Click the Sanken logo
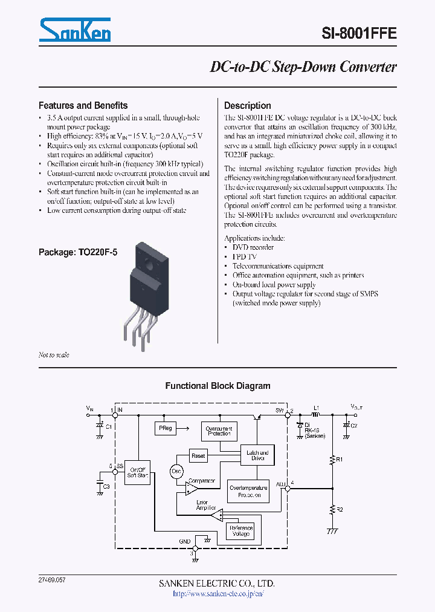click(x=75, y=30)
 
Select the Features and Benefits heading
click(x=83, y=105)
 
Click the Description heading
click(x=247, y=105)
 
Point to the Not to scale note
click(x=54, y=355)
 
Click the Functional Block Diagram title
click(x=217, y=386)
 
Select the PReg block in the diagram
click(x=166, y=428)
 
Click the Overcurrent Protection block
click(x=219, y=431)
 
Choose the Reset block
click(x=198, y=455)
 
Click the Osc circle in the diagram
click(x=177, y=472)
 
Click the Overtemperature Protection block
click(x=248, y=491)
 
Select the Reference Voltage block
click(x=240, y=531)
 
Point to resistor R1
click(x=332, y=460)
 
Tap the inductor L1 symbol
click(x=316, y=414)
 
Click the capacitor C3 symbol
click(x=100, y=484)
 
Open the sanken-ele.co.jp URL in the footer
click(x=217, y=594)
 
